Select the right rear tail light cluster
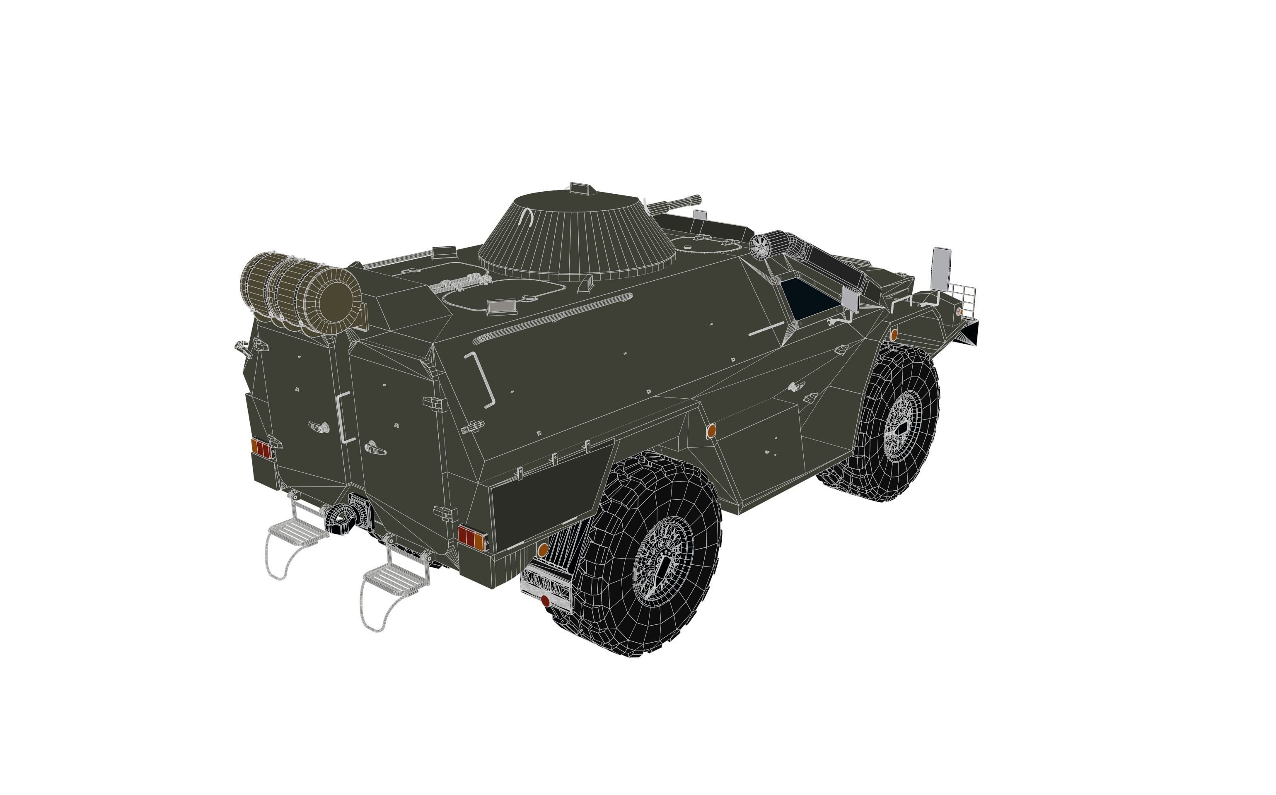coord(472,536)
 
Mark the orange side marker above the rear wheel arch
coord(710,430)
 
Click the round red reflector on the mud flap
coord(545,601)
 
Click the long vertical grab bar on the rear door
coord(343,417)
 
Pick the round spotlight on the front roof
coord(759,246)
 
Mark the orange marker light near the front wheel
coord(893,335)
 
